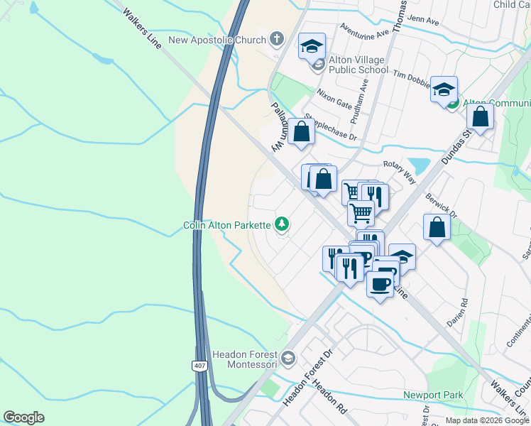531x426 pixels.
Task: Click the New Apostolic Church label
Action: click(217, 40)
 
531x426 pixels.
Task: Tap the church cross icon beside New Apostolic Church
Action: click(276, 39)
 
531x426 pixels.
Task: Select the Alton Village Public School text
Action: click(358, 65)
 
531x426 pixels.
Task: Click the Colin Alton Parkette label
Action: click(226, 225)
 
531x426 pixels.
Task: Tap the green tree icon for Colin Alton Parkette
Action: click(283, 224)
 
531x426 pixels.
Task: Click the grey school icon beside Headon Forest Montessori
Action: click(288, 357)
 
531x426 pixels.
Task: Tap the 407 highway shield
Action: click(199, 366)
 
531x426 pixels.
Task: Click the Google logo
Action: click(23, 417)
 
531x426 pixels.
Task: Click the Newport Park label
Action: click(433, 395)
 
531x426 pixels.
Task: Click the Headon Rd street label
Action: click(329, 398)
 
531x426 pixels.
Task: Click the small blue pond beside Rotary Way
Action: click(419, 166)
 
